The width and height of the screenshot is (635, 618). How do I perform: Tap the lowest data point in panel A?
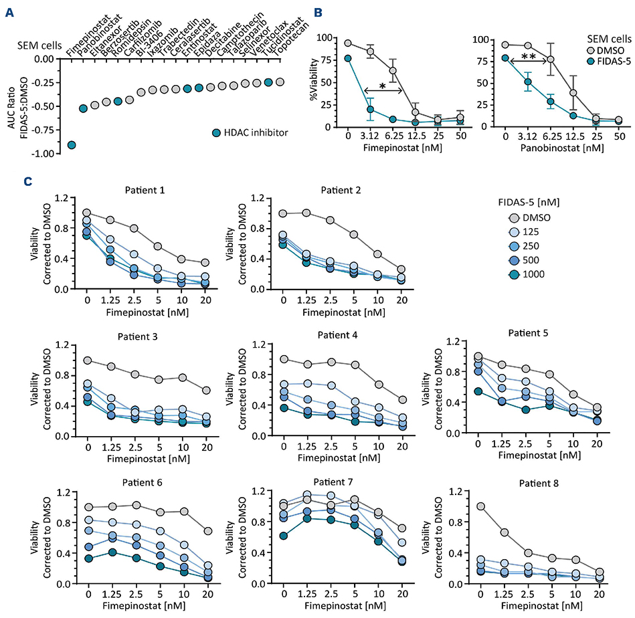click(x=72, y=144)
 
